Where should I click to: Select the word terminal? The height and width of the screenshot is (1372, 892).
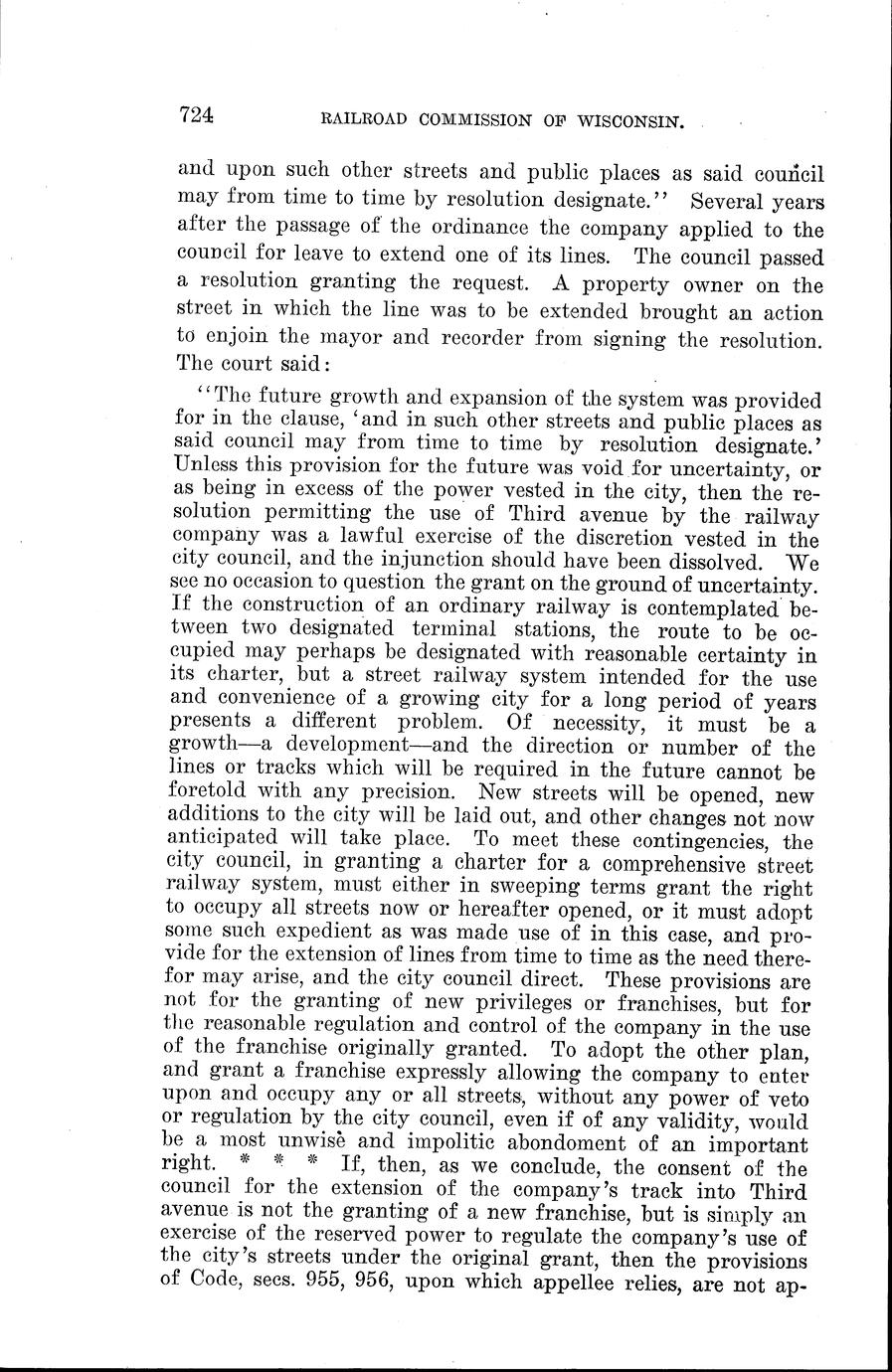(457, 630)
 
